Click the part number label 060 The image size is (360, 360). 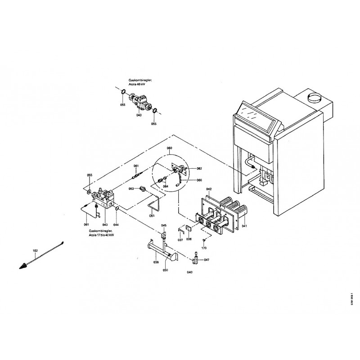click(x=169, y=148)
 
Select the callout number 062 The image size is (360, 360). click(x=199, y=168)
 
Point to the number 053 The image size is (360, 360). click(x=132, y=189)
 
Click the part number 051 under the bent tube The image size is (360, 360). click(x=152, y=216)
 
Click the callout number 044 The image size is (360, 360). click(x=116, y=224)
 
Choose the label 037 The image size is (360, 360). click(x=180, y=240)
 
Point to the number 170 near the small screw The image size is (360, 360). click(x=204, y=248)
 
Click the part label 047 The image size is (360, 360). click(x=206, y=260)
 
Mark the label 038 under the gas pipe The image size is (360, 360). click(x=156, y=262)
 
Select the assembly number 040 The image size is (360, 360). click(x=189, y=272)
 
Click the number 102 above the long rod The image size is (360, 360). click(x=35, y=250)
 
